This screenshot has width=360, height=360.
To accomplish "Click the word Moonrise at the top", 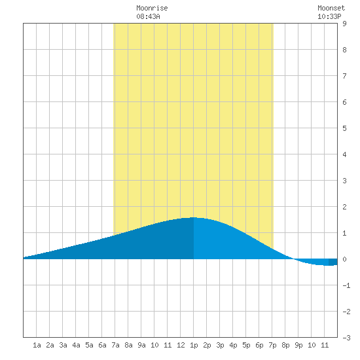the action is click(152, 8).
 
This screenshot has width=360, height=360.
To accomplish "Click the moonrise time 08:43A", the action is click(148, 16).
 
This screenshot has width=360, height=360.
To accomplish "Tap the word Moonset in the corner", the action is click(331, 8).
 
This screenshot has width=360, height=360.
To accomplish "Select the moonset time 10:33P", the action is click(329, 16).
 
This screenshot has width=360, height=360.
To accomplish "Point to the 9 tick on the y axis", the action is click(344, 24).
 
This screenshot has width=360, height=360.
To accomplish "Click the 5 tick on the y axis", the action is click(344, 128).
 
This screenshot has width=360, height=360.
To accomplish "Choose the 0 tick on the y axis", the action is click(344, 259).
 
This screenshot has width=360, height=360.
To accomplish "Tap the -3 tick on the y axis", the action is click(346, 338).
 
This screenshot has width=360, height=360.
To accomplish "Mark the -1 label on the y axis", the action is click(346, 285).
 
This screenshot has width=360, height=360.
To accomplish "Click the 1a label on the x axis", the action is click(37, 345).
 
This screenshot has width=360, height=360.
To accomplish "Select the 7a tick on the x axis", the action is click(115, 345).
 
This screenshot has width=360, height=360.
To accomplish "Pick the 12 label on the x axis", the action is click(181, 345).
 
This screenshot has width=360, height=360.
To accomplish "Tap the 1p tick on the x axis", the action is click(194, 345).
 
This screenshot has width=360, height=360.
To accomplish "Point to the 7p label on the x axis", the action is click(272, 345).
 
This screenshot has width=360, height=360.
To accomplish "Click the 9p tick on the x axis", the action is click(298, 345).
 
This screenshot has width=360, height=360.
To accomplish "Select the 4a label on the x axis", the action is click(76, 345).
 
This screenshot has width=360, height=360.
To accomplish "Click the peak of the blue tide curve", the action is click(193, 217).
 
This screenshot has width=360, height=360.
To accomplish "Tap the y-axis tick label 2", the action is click(344, 207).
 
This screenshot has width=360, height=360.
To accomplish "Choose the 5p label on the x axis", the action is click(246, 345).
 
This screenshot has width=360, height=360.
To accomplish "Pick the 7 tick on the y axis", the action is click(344, 76).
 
